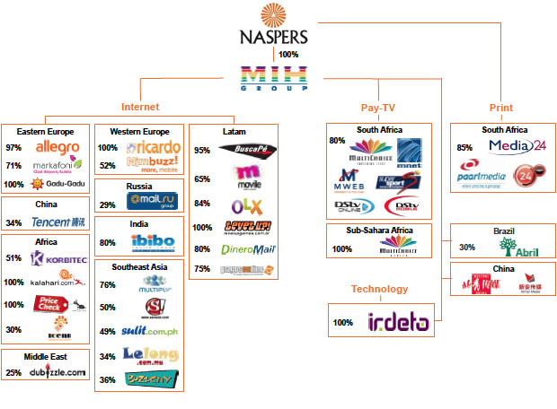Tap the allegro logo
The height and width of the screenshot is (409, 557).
coord(57,147)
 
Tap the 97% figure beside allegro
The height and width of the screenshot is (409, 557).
coord(13,147)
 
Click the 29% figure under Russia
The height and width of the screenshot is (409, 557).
coord(107,205)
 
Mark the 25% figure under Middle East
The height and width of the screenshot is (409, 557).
coord(13,373)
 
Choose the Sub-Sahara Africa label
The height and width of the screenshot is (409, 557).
coord(378,229)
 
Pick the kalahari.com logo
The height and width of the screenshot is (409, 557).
coord(57,281)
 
